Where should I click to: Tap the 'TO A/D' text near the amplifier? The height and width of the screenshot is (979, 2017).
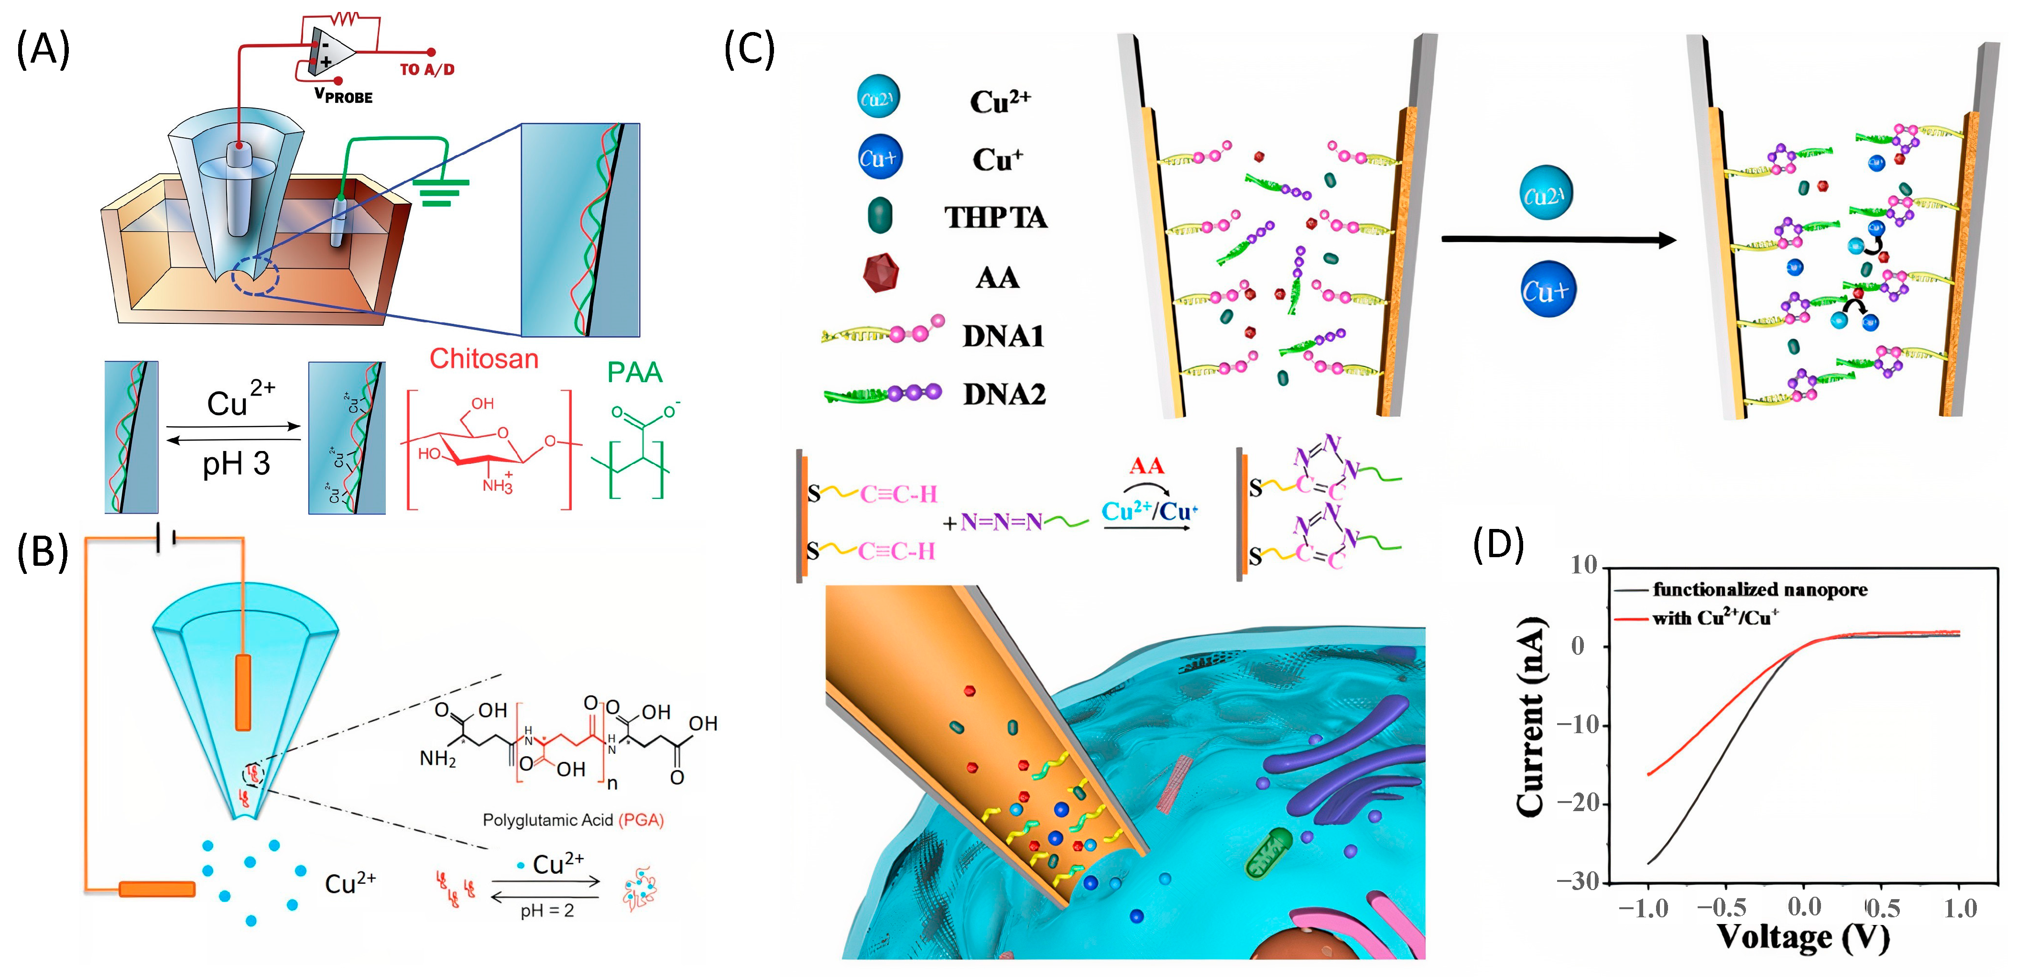point(427,70)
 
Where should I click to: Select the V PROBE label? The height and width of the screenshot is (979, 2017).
point(343,96)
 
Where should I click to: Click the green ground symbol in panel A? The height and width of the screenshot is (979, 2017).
point(441,192)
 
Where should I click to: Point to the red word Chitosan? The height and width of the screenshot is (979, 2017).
point(484,359)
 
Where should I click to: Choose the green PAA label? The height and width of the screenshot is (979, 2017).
point(634,372)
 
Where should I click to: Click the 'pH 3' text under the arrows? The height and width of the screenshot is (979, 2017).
point(236,463)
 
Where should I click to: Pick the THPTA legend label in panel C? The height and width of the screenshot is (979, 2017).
point(995,217)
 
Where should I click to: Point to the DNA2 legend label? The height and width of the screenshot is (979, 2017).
point(1004,394)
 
